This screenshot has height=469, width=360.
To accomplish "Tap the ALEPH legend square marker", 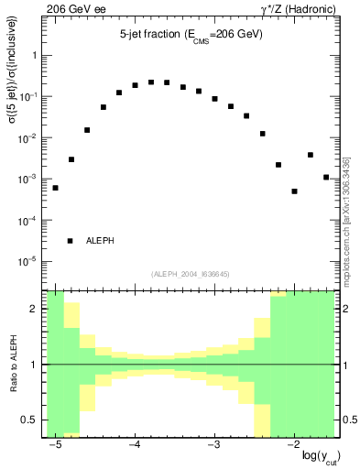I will tap(71, 241).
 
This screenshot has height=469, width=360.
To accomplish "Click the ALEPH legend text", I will tap(101, 241).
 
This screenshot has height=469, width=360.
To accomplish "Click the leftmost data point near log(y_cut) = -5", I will tap(55, 188).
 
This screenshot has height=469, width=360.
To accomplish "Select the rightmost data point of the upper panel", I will tap(326, 177).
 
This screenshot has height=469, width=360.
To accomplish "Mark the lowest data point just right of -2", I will tap(294, 191).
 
